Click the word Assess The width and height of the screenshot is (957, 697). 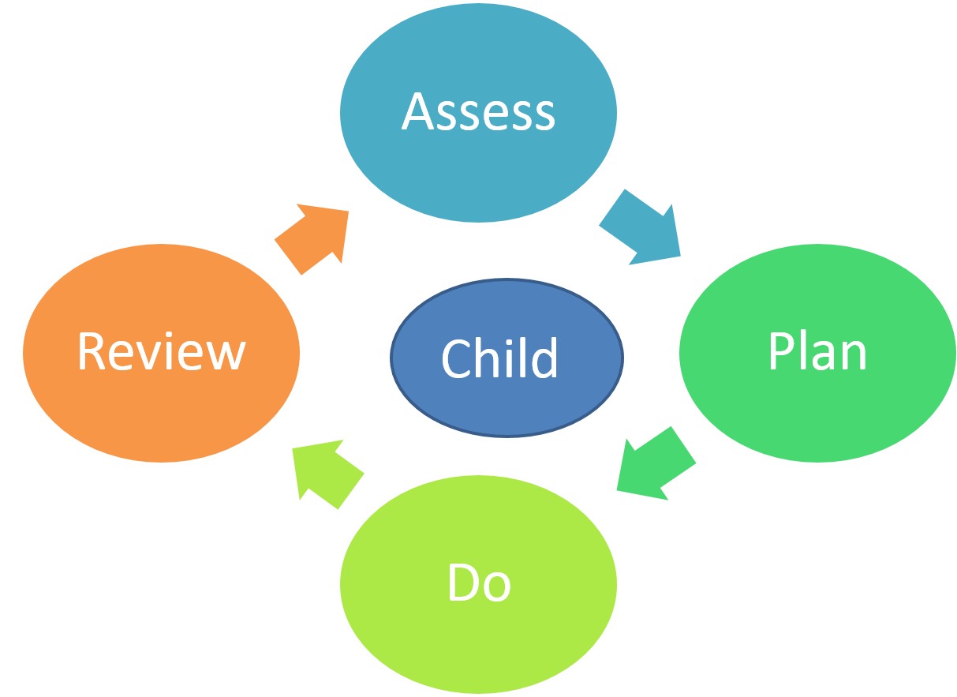(x=478, y=112)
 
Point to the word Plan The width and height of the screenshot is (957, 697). (x=817, y=352)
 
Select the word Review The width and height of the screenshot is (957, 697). (x=161, y=352)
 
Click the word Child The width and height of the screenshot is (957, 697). (x=499, y=358)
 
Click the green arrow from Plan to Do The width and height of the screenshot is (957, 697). (x=655, y=464)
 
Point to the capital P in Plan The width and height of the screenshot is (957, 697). (x=780, y=352)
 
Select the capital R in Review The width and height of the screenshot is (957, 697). (x=91, y=352)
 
